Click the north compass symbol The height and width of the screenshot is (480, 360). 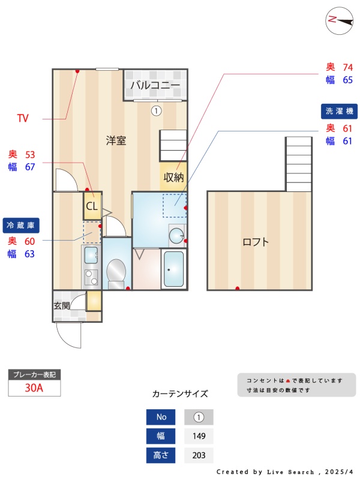[340, 21]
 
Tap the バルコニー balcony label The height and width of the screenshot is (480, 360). [155, 85]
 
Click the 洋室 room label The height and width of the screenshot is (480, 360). [116, 140]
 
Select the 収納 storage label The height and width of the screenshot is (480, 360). [173, 177]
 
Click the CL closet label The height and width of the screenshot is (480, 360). [92, 206]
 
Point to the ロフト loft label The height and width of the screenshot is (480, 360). [256, 242]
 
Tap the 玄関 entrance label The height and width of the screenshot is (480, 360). [62, 305]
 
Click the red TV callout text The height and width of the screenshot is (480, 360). [23, 118]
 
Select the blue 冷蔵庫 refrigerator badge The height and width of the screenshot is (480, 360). [21, 226]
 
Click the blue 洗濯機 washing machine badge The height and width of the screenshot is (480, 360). [339, 111]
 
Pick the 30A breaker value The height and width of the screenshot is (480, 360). [34, 388]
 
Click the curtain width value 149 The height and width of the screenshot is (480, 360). [199, 436]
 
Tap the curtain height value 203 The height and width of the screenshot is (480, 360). [199, 455]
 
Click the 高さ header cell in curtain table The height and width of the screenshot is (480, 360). [161, 455]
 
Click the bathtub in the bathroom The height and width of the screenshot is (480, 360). [174, 269]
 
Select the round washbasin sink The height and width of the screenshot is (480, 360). [176, 236]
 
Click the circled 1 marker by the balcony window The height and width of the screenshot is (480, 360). [156, 110]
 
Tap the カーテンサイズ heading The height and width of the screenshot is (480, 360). [180, 394]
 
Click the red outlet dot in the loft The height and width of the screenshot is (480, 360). [237, 288]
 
